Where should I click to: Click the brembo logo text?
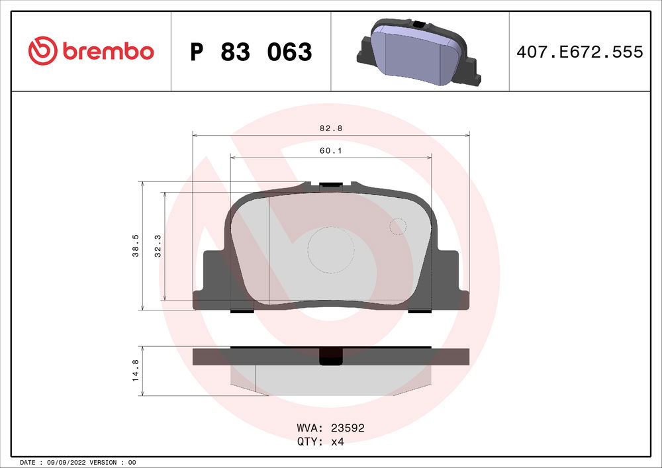109,51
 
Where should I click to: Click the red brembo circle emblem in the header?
43,51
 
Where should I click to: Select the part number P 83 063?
251,52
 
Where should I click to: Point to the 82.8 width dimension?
330,128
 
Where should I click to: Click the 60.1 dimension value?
330,151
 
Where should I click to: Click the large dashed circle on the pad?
331,250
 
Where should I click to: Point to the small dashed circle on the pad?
397,226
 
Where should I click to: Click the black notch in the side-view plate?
330,357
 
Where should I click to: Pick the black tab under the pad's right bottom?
420,310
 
